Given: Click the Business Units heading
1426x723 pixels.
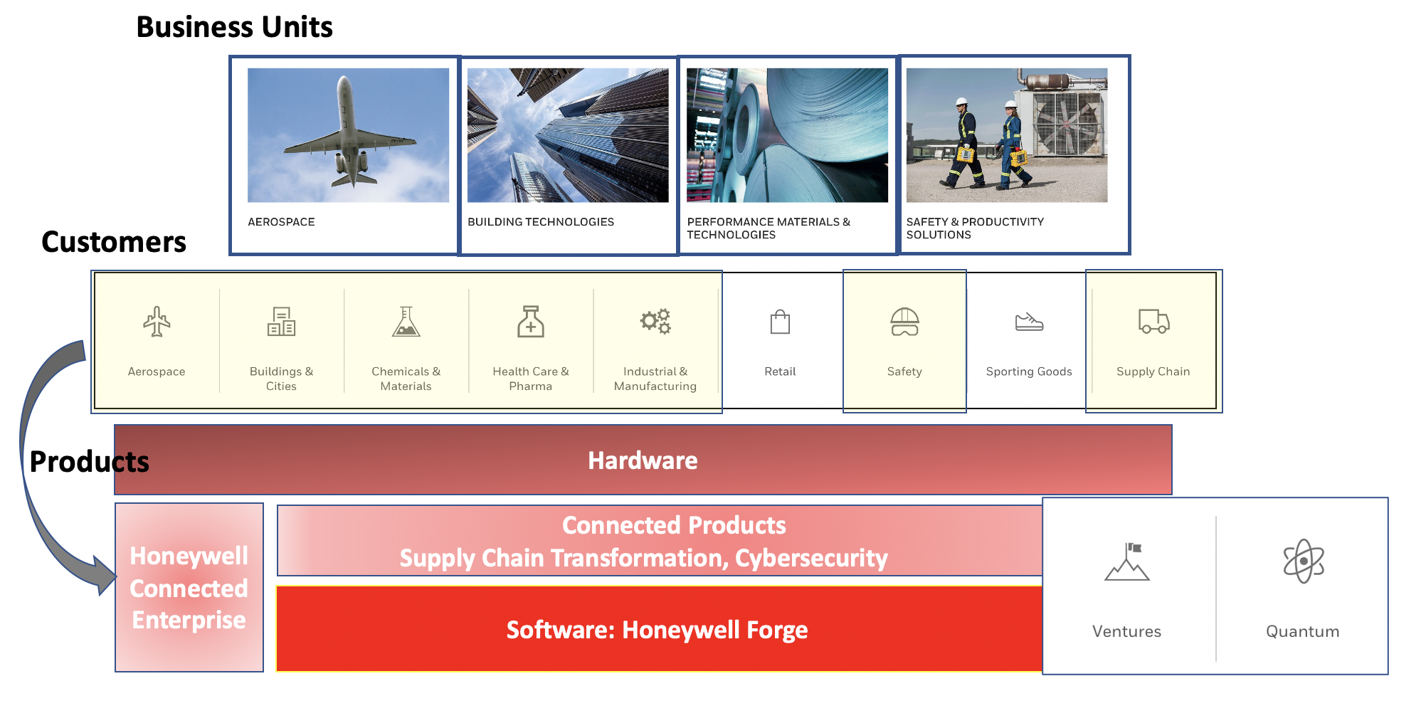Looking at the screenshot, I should pos(234,27).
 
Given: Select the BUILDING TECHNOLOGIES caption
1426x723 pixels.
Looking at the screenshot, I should pos(540,222).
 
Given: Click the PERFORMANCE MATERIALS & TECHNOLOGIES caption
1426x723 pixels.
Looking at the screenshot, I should pos(768,228).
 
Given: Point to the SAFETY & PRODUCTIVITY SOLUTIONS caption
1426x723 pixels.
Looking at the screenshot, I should pos(974,228).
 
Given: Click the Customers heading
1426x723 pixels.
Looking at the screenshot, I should pos(114,242).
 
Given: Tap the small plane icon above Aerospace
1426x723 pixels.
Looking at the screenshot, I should pos(157,322).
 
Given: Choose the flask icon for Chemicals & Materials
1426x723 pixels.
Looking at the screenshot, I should pos(406,322).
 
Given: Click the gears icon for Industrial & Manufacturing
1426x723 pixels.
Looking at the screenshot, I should pos(655,321).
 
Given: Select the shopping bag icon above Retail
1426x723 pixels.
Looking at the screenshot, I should pos(780,322).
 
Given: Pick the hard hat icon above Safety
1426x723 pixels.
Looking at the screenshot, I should pos(904,322).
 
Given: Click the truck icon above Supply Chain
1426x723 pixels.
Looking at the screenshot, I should pos(1153,322).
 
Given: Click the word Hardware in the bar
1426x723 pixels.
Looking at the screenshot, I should pos(643,460).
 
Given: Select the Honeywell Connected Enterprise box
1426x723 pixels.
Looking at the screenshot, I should pos(189,588).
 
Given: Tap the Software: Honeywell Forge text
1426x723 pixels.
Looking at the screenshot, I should pos(657,630).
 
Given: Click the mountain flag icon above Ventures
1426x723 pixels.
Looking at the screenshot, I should pos(1127,562).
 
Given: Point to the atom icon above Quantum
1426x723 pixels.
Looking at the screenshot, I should pos(1303,561).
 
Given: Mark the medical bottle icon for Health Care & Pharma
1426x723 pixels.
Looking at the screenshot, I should pos(531,322).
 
